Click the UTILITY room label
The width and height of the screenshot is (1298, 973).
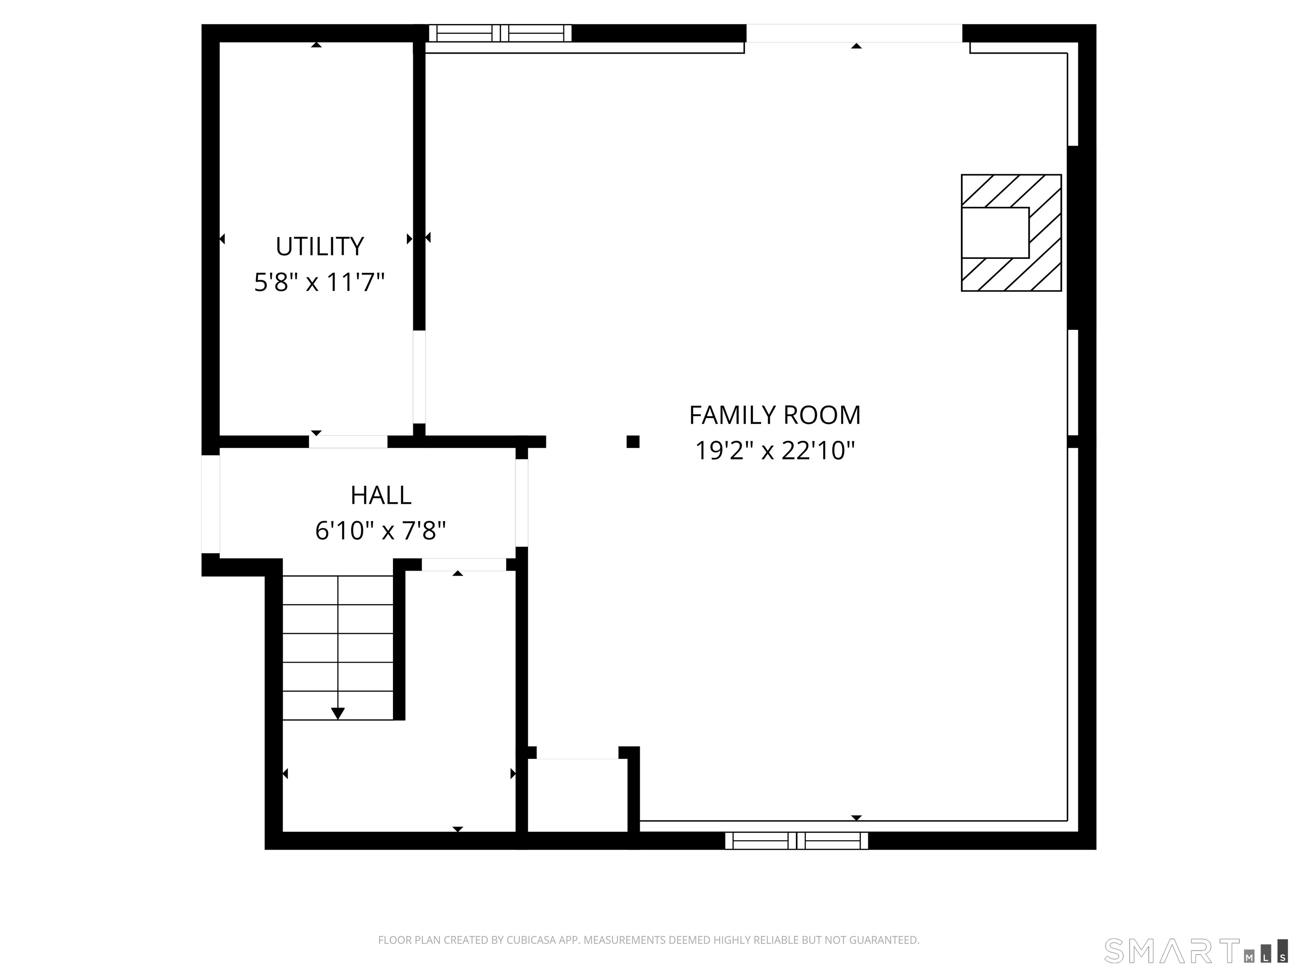[x=320, y=246]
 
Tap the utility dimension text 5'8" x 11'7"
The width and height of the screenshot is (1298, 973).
[x=319, y=283]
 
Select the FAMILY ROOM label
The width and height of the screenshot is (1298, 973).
[x=774, y=415]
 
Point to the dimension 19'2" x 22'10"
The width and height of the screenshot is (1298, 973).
[x=774, y=451]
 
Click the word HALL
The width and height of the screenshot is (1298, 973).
[x=381, y=496]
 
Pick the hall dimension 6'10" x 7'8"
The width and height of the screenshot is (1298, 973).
[x=381, y=531]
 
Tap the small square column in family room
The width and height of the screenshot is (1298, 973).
[x=633, y=442]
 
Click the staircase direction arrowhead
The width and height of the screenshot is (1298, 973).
[x=338, y=713]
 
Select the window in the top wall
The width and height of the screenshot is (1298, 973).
[x=500, y=33]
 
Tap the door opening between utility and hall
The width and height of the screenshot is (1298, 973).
[x=348, y=442]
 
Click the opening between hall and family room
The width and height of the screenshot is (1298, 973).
[x=522, y=503]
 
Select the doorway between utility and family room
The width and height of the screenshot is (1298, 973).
[x=419, y=377]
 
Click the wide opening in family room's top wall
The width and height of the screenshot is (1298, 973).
[x=854, y=33]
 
